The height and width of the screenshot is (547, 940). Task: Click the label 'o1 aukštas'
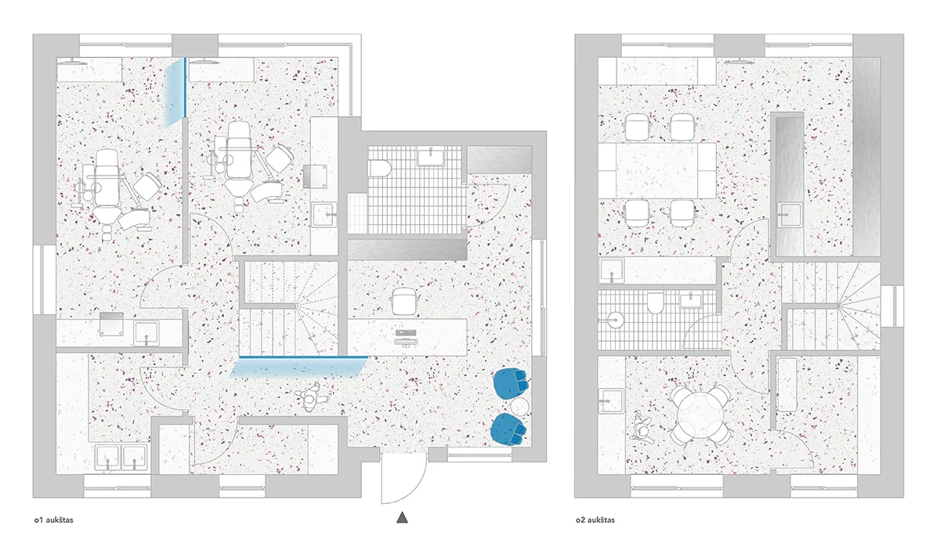coord(54,520)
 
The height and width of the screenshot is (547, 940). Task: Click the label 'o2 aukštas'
coord(595,520)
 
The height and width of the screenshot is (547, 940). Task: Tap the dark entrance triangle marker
coord(402,517)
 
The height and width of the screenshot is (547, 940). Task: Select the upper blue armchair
coord(511,383)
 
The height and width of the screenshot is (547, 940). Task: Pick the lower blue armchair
coord(508,429)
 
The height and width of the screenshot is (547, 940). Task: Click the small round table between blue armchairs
coord(519,407)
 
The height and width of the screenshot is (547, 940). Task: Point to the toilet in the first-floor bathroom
coord(380,168)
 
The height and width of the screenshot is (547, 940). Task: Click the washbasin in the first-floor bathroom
coord(431,158)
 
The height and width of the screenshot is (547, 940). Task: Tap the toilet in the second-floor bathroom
coord(655,303)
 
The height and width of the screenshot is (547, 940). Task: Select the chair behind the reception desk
coord(404,301)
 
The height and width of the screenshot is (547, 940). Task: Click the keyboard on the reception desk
coord(406,333)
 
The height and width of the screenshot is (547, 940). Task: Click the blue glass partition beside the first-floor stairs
coord(299,367)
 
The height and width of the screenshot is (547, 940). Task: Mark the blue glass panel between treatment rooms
coord(175,92)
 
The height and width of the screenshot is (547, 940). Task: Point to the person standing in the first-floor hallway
coord(310,397)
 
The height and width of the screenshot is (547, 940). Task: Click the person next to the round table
coord(642,426)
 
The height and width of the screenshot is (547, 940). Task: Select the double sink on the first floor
coord(121,457)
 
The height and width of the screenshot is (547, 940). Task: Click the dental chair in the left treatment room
coord(107,191)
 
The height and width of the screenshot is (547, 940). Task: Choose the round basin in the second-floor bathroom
coord(614,321)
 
